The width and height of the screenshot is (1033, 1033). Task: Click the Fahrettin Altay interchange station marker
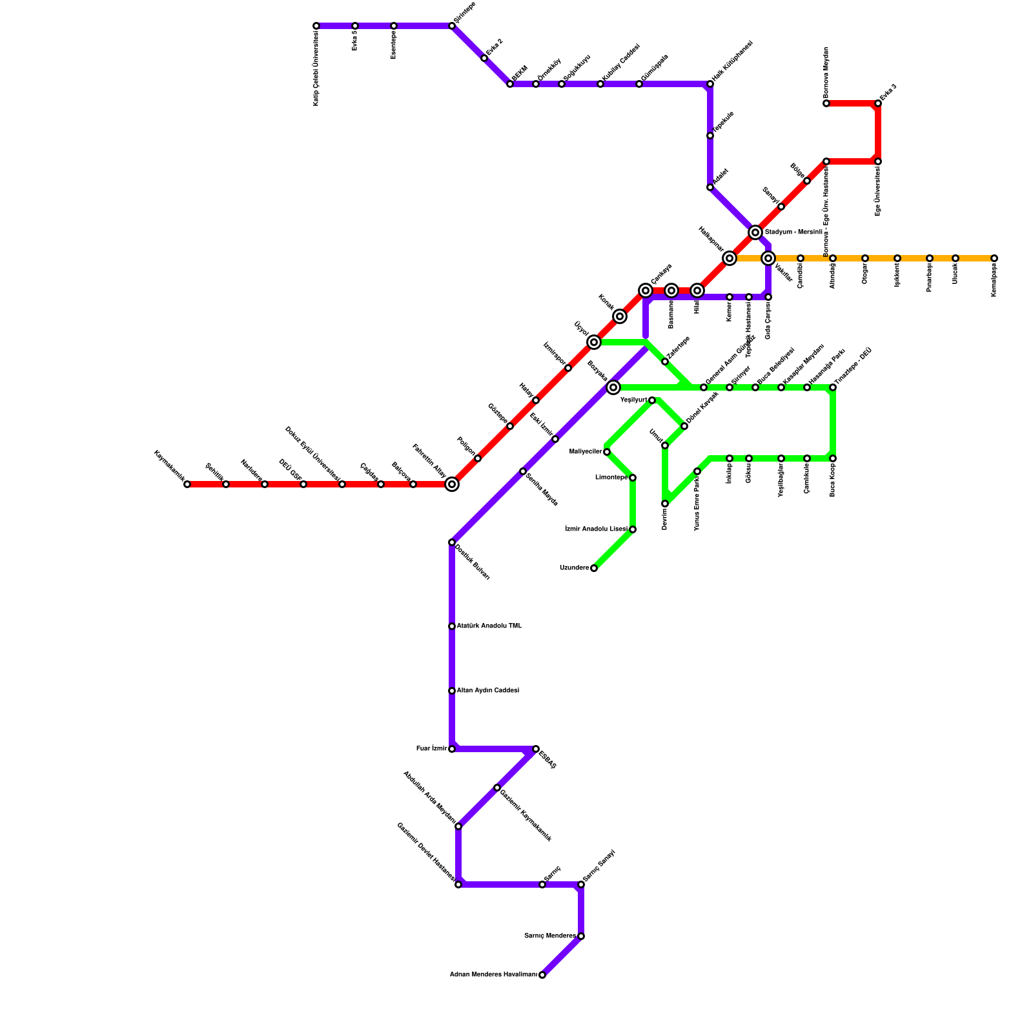tap(452, 484)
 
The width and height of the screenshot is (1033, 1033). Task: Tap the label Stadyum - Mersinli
tap(793, 232)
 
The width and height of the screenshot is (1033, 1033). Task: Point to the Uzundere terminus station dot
tap(594, 568)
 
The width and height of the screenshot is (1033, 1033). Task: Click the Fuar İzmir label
tap(431, 749)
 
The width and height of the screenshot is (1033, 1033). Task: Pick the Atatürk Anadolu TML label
tap(489, 626)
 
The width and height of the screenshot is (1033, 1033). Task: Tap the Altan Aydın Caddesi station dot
tap(452, 691)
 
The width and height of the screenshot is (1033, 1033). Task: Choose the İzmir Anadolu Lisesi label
tap(596, 529)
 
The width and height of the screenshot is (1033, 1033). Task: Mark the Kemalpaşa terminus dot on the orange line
tap(994, 258)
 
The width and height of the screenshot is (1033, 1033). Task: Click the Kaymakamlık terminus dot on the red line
tap(187, 484)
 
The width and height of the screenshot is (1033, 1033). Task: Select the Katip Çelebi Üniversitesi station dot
tap(316, 26)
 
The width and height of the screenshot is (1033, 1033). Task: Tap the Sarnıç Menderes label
tap(549, 936)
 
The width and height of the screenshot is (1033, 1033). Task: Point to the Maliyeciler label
tap(586, 452)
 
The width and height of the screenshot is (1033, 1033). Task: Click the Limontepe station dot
tap(633, 478)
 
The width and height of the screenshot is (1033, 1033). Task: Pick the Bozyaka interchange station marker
tap(613, 387)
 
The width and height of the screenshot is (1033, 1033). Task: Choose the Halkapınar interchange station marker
tap(730, 258)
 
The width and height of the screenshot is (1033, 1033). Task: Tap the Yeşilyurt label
tap(633, 400)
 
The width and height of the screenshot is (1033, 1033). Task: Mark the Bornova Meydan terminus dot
tap(826, 103)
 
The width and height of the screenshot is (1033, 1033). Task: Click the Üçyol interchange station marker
tap(594, 342)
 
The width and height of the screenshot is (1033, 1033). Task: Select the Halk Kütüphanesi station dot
tap(710, 84)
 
